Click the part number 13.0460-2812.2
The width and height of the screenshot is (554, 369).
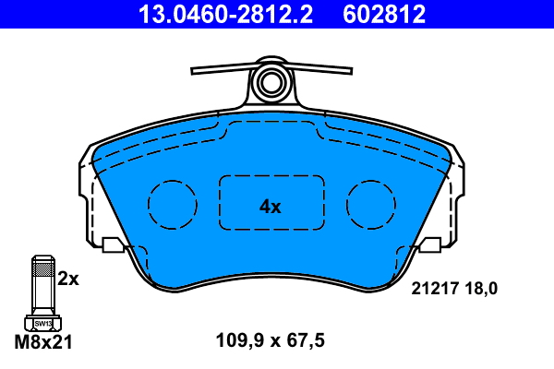tap(214, 14)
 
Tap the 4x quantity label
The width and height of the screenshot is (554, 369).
tap(270, 208)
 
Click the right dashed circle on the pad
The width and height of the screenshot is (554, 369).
tap(371, 202)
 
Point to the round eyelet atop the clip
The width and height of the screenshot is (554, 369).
tap(271, 82)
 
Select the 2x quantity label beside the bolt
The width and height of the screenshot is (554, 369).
tap(68, 278)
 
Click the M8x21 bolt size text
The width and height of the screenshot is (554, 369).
tap(44, 341)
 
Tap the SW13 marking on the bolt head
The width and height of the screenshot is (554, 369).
tap(42, 324)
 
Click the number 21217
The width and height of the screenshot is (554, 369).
tap(432, 289)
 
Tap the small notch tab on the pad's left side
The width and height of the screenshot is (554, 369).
tap(113, 244)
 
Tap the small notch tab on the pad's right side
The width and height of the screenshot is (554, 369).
tap(430, 244)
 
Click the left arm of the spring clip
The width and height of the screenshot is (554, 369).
tap(222, 71)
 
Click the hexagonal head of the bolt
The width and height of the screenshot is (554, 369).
tap(42, 323)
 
